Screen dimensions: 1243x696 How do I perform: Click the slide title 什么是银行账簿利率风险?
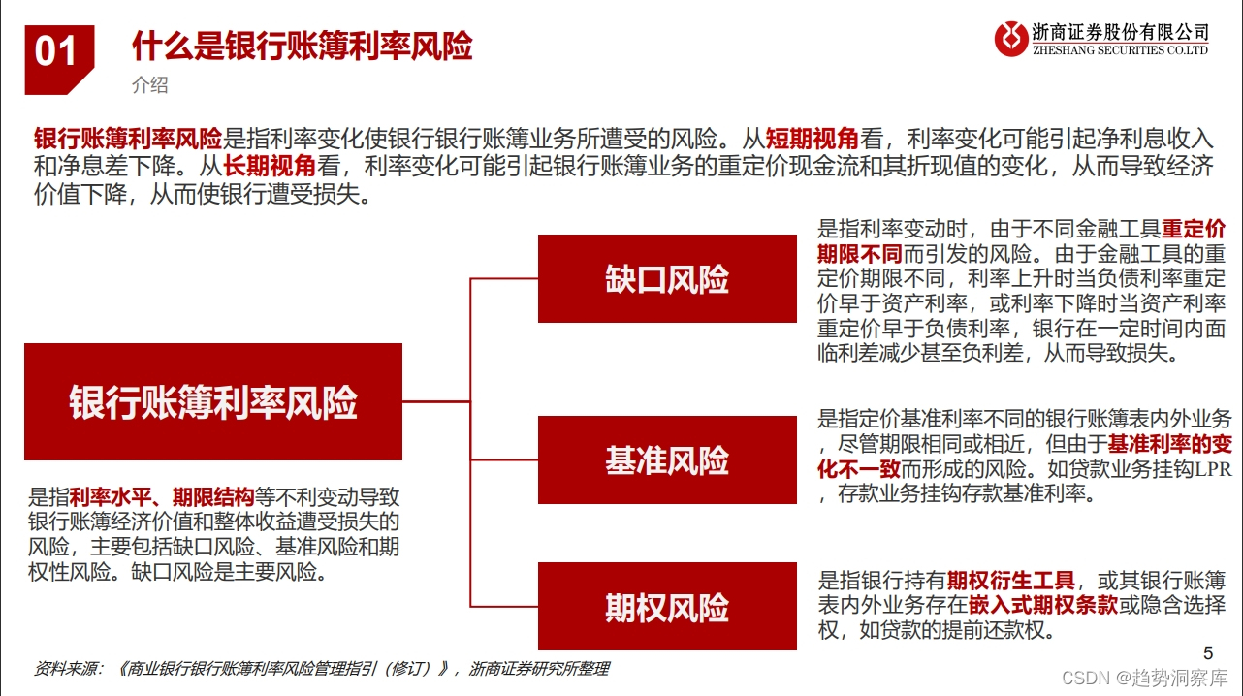[x=302, y=47]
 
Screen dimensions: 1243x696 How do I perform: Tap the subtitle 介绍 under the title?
[x=149, y=85]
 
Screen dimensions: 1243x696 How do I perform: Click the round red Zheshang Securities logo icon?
[x=1011, y=39]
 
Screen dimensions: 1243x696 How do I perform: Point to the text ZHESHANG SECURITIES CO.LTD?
[x=1121, y=50]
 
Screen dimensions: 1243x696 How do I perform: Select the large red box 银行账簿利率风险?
[x=213, y=401]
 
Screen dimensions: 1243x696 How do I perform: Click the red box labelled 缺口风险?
[x=667, y=280]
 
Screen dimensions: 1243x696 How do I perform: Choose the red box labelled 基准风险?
[x=667, y=460]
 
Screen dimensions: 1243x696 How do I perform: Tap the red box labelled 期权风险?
[x=667, y=608]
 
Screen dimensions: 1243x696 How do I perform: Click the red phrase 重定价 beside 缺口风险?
[x=1194, y=230]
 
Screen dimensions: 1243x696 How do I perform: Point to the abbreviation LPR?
[x=1212, y=470]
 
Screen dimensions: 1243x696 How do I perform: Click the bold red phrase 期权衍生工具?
[x=1011, y=581]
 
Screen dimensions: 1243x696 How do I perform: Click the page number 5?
[x=1207, y=652]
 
